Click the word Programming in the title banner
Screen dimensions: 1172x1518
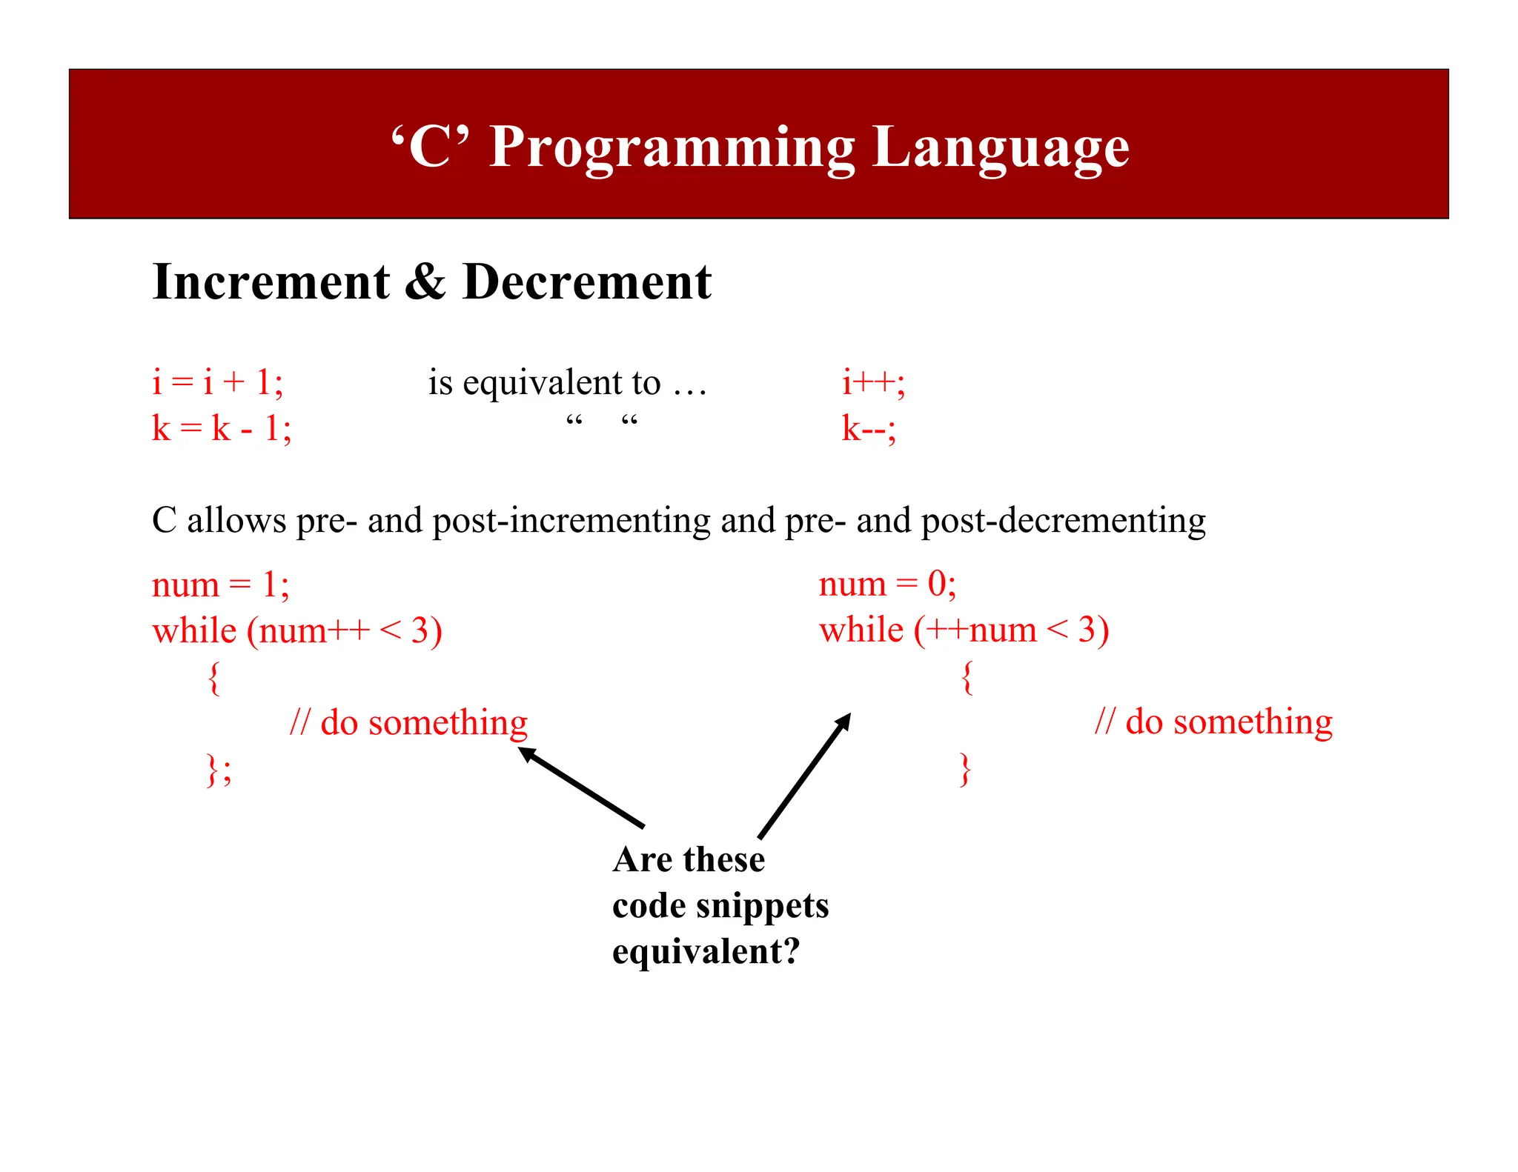[x=672, y=148]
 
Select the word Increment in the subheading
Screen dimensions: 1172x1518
[x=271, y=282]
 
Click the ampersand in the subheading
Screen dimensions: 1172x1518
[x=425, y=282]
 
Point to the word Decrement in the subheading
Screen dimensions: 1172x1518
[x=586, y=282]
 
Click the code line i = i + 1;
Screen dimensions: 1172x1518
[x=217, y=383]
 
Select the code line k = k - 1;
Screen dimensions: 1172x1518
[x=222, y=428]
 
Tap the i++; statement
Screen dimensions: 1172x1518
[x=872, y=383]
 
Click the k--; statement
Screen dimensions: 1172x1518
[x=868, y=429]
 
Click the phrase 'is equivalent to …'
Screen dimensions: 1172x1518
[x=567, y=383]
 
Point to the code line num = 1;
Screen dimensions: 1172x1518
[x=220, y=585]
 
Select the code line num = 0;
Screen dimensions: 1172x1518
[x=887, y=585]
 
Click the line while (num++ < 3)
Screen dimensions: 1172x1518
[x=296, y=631]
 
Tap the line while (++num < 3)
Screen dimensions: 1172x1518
[x=964, y=630]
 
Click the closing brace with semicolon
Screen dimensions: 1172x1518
[x=219, y=770]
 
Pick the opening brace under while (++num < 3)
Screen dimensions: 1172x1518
[x=967, y=677]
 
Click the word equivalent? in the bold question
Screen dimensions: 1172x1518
[x=706, y=951]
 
